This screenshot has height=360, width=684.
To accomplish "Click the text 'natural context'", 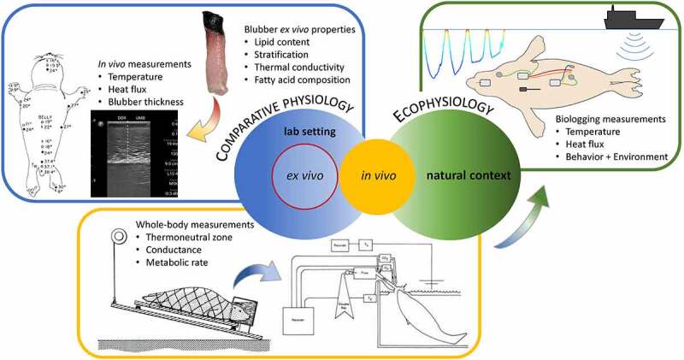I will click(x=469, y=176).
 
